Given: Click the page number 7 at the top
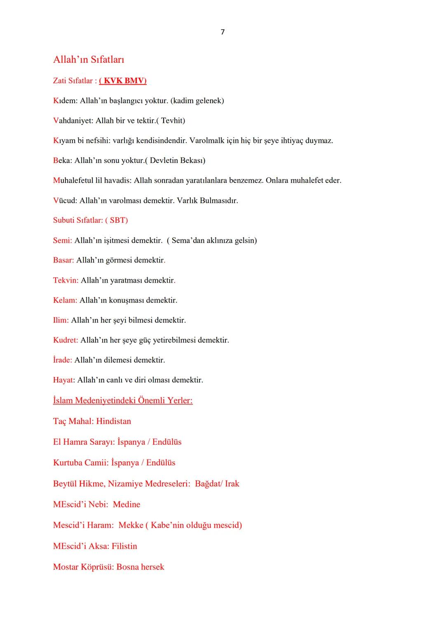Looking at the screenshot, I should point(222,32).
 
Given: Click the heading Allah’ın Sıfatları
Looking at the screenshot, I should point(89,60).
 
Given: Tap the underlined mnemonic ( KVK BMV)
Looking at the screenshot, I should point(123,80).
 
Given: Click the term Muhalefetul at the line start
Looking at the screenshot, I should point(74,180).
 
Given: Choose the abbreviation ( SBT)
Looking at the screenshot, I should point(117,220).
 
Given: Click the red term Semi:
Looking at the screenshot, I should point(62,240).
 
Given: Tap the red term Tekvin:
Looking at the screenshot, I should point(66,280).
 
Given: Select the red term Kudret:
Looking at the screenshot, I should point(65,340).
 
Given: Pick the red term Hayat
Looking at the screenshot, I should point(63,380).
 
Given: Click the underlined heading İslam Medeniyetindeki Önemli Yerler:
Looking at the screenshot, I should point(123,401).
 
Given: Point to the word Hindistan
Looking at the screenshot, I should point(113,421).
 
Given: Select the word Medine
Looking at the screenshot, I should point(126,505).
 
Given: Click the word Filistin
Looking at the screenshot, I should point(124,546).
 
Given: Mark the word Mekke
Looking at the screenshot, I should point(131,525).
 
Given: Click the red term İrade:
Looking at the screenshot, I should point(62,360).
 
